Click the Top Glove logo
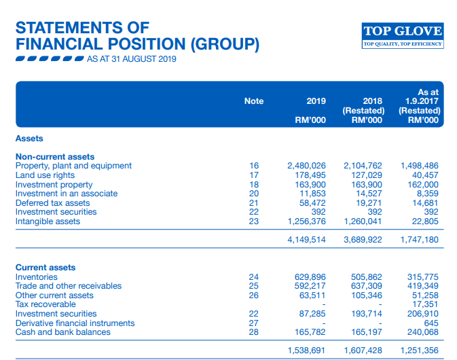coord(403,35)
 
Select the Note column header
coord(254,101)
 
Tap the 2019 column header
coord(316,101)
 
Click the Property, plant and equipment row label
coord(73,166)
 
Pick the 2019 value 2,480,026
coord(306,166)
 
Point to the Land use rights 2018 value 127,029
coord(366,175)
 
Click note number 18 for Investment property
coord(254,185)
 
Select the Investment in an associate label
coord(66,194)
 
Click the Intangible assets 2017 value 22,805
coord(424,221)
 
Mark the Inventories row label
coord(36,277)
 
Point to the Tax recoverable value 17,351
coord(424,304)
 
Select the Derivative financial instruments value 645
coord(431,323)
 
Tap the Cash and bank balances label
coord(62,332)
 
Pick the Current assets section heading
coord(45,268)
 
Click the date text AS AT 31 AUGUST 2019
coord(131,60)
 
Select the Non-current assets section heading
coord(55,157)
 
